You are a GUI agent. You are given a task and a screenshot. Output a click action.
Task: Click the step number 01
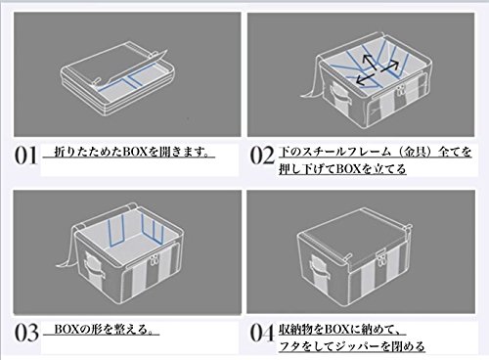[x=26, y=156]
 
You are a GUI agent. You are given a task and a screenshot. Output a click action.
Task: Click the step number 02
[x=262, y=156]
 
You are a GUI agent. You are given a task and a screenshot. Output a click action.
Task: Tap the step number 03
[x=26, y=333]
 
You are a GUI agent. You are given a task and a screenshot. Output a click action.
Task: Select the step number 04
[x=262, y=333]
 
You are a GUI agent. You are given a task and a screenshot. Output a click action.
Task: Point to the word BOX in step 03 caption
[x=67, y=330]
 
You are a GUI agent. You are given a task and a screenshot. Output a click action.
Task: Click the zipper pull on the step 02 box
[x=401, y=90]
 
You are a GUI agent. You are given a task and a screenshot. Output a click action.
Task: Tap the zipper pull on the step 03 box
[x=154, y=261]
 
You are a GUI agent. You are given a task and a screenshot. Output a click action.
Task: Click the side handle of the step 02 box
[x=338, y=95]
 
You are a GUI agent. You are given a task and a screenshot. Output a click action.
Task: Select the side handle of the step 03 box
[x=94, y=266]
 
